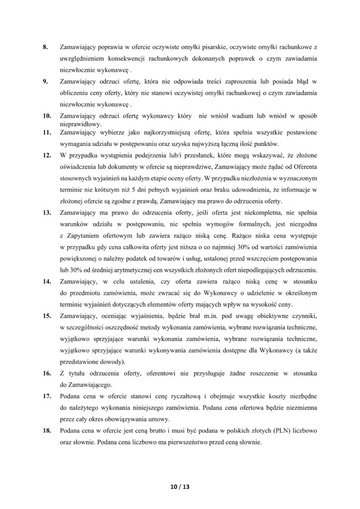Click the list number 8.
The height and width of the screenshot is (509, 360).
[44, 47]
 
